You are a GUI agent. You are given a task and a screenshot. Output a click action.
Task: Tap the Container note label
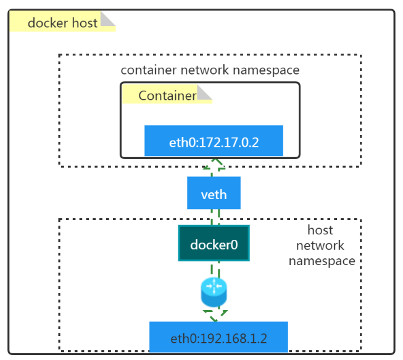point(167,96)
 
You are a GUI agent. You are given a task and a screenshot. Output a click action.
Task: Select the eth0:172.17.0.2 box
point(214,141)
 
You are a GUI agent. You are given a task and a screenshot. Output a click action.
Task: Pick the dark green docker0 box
point(214,243)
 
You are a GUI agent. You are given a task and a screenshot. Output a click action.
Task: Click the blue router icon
point(214,292)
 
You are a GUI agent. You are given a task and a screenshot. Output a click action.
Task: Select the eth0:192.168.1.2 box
point(218,338)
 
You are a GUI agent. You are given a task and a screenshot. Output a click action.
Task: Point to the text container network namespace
point(210,70)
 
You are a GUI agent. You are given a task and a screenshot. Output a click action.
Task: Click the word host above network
point(320,231)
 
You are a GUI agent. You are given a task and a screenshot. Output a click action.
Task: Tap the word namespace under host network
point(322,261)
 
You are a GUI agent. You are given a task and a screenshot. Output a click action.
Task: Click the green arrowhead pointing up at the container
point(214,163)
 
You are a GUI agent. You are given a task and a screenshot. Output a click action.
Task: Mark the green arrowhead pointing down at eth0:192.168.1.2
point(214,317)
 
